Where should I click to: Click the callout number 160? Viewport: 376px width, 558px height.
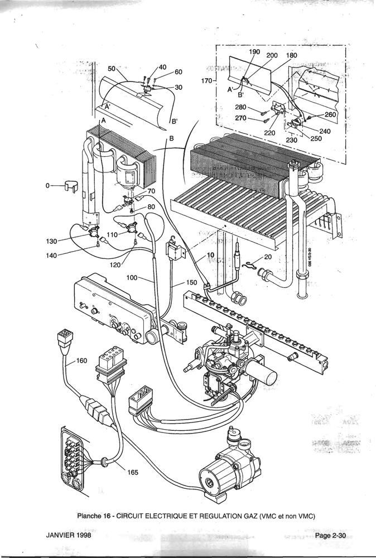(81, 360)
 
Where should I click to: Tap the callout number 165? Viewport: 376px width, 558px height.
(132, 473)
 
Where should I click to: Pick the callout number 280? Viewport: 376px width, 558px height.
(241, 107)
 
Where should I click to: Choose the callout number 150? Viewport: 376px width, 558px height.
(191, 283)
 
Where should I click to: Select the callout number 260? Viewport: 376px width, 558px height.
(331, 115)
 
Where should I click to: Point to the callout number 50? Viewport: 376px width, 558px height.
(111, 69)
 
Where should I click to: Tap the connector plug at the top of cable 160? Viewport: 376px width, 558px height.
(62, 339)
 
